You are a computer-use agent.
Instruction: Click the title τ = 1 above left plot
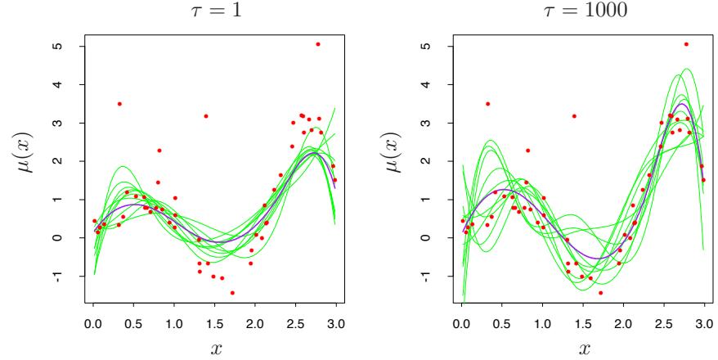216,12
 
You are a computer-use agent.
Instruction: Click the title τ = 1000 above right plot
583,12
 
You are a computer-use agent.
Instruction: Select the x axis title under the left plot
216,347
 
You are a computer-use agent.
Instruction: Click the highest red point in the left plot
318,44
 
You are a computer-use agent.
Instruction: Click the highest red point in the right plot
686,44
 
